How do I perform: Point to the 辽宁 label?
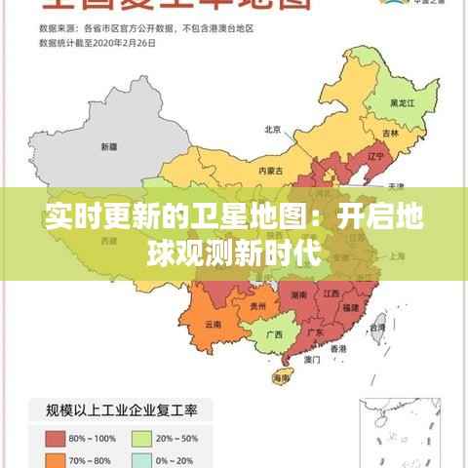[x=350, y=155]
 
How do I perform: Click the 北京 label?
[x=273, y=130]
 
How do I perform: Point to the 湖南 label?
[x=299, y=292]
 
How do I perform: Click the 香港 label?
[x=338, y=348]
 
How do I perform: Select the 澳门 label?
[x=313, y=359]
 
